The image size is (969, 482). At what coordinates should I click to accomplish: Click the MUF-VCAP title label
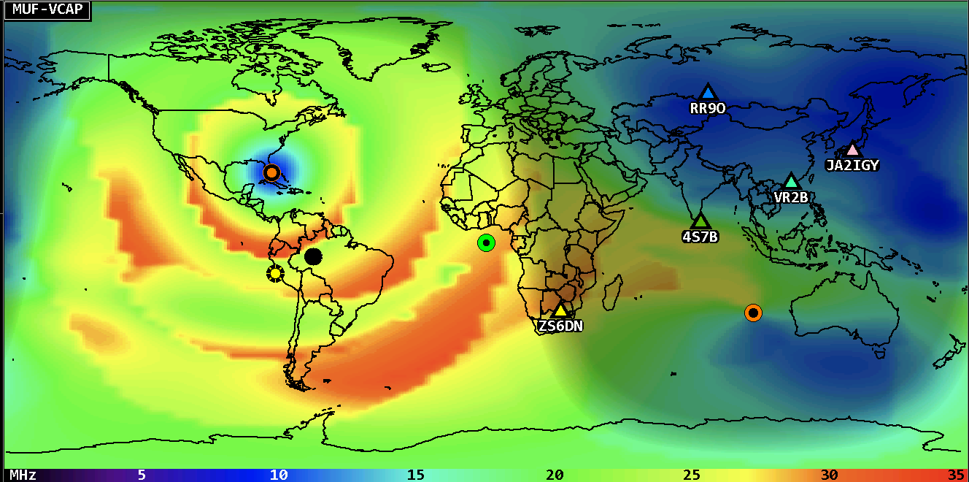click(47, 10)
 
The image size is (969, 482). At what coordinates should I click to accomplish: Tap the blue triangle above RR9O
click(707, 93)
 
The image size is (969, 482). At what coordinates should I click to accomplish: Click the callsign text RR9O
click(707, 109)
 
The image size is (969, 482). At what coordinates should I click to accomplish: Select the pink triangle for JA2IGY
click(852, 150)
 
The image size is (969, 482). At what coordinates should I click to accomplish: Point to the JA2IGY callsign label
click(852, 165)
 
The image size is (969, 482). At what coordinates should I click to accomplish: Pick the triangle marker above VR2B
click(791, 180)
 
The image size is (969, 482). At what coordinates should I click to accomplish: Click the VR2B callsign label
click(791, 196)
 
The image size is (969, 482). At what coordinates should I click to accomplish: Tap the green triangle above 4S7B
click(700, 220)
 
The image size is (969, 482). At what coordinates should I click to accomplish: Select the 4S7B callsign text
click(700, 237)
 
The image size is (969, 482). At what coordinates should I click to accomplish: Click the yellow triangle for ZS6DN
click(560, 310)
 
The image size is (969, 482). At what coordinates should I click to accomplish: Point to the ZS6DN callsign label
click(560, 326)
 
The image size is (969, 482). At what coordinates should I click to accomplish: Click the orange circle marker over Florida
click(271, 173)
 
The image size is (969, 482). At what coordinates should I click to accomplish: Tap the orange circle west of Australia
click(753, 313)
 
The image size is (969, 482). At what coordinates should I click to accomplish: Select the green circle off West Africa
click(486, 242)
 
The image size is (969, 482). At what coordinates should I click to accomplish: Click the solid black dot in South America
click(313, 256)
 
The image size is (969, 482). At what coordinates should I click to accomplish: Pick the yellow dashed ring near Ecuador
click(275, 273)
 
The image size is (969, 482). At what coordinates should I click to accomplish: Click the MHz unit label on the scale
click(23, 475)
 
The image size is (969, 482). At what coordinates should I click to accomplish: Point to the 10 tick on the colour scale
click(278, 475)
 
